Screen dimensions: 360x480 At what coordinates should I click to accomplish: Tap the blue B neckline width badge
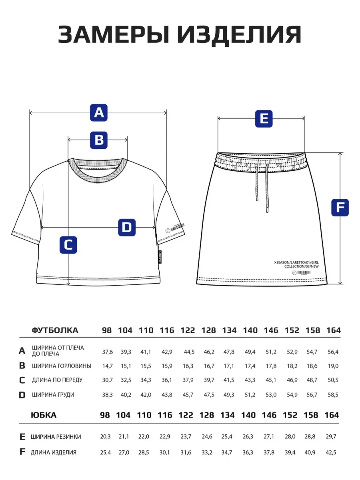[99, 140]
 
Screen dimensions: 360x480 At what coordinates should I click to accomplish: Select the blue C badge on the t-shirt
[68, 244]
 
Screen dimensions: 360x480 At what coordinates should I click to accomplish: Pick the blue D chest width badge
[127, 228]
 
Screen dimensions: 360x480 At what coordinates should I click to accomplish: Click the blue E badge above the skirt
[264, 119]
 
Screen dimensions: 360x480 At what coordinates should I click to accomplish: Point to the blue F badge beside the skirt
[340, 208]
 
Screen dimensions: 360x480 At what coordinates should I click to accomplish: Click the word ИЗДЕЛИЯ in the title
[240, 35]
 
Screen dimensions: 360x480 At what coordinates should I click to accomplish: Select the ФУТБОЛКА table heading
[55, 330]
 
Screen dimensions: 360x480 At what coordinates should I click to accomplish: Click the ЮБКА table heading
[44, 415]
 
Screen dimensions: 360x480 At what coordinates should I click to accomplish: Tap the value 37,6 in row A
[108, 352]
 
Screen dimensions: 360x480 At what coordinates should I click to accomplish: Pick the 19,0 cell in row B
[333, 366]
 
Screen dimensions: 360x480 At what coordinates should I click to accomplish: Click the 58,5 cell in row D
[333, 395]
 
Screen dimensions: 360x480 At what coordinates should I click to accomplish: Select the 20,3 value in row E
[106, 437]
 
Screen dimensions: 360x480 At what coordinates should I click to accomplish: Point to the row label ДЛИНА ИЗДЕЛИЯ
[54, 452]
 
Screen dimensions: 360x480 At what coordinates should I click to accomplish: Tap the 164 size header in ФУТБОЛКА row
[334, 330]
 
